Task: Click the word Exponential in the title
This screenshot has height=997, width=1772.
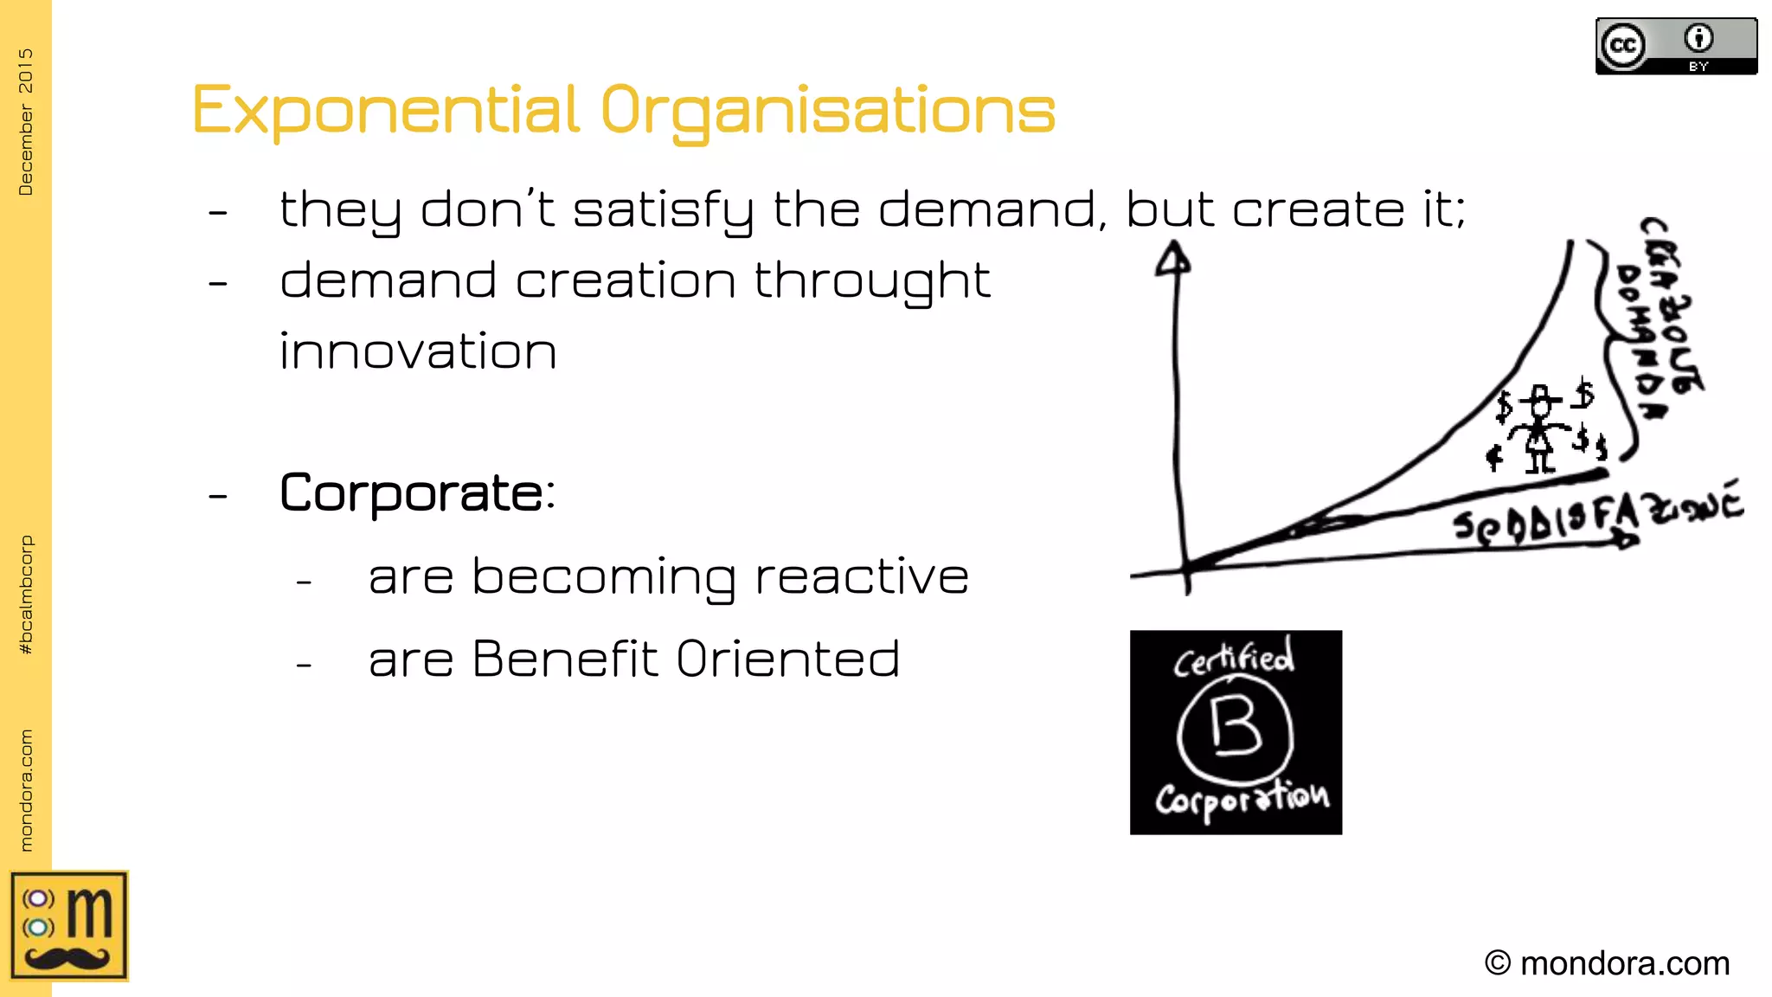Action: click(385, 111)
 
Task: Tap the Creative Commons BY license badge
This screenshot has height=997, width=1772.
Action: click(1676, 47)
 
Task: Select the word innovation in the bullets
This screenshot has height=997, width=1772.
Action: click(418, 351)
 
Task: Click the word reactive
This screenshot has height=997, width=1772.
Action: click(861, 576)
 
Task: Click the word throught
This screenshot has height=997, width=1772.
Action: click(872, 282)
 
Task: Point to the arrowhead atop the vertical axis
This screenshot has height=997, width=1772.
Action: click(1172, 258)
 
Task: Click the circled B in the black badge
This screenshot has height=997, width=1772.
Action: click(1235, 728)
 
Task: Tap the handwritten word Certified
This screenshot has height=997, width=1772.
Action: click(1234, 659)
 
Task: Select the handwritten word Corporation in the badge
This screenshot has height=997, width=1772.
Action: click(1242, 797)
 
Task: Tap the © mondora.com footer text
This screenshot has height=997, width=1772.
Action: click(1607, 963)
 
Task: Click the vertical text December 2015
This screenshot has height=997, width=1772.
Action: click(26, 121)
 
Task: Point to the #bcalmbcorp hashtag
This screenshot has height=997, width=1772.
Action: click(26, 595)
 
